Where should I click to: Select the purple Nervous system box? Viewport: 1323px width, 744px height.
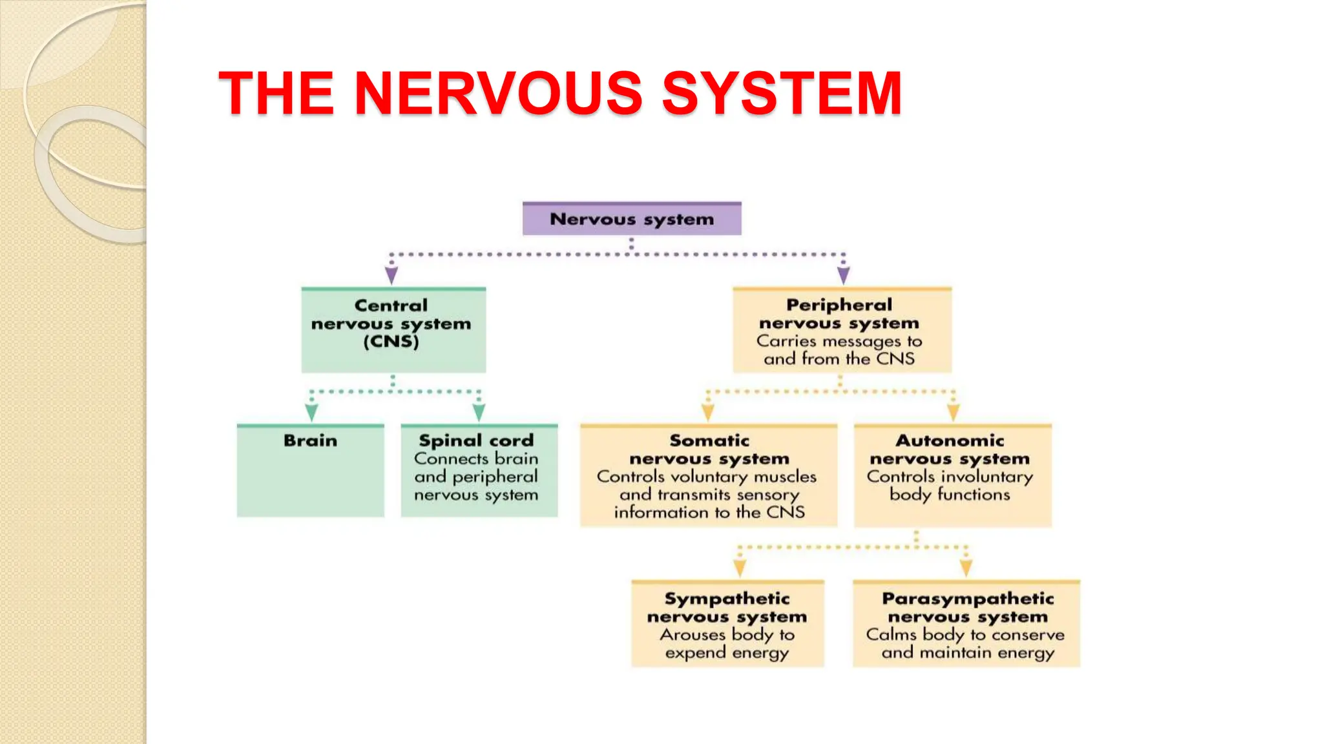click(632, 219)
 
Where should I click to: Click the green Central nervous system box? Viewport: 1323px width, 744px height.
click(393, 330)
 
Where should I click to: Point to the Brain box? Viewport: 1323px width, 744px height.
click(310, 471)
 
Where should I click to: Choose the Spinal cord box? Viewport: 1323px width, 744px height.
click(479, 471)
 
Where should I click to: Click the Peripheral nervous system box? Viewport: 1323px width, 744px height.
click(842, 330)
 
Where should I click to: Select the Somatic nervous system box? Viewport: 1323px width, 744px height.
click(709, 476)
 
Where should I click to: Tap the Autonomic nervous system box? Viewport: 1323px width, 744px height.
click(953, 476)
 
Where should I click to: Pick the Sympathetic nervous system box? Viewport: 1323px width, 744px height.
click(727, 624)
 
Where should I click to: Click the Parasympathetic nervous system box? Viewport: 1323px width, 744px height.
click(966, 624)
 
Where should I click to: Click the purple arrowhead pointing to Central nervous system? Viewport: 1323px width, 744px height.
click(391, 276)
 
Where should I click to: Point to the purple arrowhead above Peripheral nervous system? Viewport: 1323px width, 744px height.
click(843, 276)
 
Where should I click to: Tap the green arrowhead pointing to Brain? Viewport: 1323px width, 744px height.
click(311, 413)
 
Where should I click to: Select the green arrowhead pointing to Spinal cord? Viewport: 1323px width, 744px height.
click(479, 413)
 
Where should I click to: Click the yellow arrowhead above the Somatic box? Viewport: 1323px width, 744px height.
click(708, 413)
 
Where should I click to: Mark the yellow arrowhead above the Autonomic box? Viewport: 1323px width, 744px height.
click(953, 413)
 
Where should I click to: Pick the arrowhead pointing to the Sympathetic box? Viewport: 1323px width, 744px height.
click(740, 568)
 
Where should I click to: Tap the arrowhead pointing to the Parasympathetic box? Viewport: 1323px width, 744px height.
click(966, 568)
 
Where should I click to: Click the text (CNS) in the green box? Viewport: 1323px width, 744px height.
click(391, 342)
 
